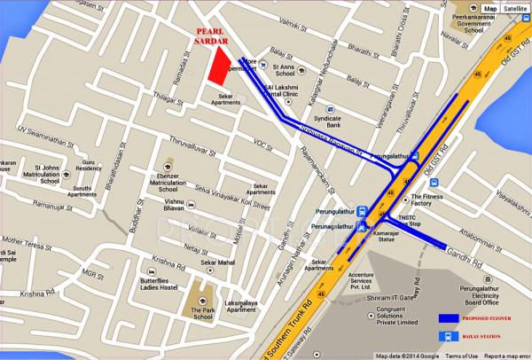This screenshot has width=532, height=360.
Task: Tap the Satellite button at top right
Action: tap(514, 9)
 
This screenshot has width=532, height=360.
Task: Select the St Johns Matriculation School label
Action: tap(57, 172)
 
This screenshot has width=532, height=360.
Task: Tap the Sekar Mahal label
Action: tap(216, 263)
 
